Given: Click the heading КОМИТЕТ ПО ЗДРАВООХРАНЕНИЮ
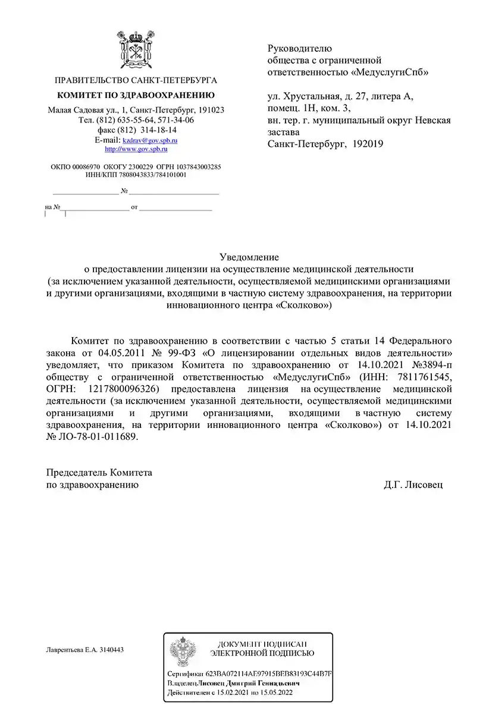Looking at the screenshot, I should point(136,95).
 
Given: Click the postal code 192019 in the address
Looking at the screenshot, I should point(368,143).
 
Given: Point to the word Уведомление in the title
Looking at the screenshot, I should point(249,257).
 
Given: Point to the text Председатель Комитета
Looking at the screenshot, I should point(99,473).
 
